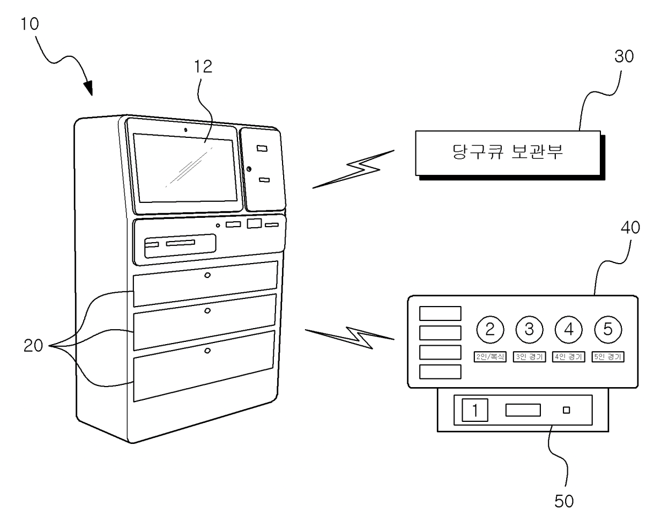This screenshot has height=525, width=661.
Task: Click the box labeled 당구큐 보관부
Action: click(505, 152)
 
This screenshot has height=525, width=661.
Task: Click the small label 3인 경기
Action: click(529, 357)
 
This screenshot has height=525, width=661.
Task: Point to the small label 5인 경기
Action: click(608, 357)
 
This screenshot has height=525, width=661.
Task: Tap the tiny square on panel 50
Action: click(566, 410)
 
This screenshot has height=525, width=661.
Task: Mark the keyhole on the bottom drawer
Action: click(207, 351)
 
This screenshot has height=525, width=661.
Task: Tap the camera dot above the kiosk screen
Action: click(186, 130)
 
